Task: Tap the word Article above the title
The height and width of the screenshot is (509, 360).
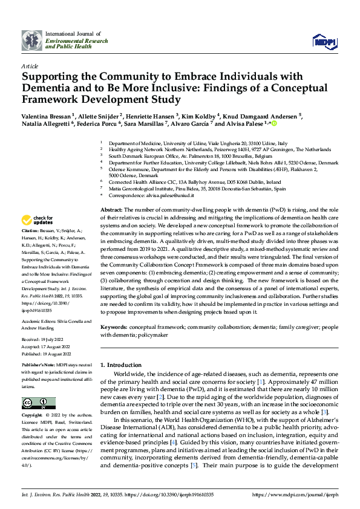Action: [29, 65]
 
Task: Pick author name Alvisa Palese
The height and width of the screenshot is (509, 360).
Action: [246, 124]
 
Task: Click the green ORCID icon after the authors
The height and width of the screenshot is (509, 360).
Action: [273, 124]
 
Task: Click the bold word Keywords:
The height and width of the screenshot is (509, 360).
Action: [115, 326]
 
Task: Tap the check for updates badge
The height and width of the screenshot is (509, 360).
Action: [39, 237]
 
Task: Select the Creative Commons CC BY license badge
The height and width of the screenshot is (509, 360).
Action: [39, 403]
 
